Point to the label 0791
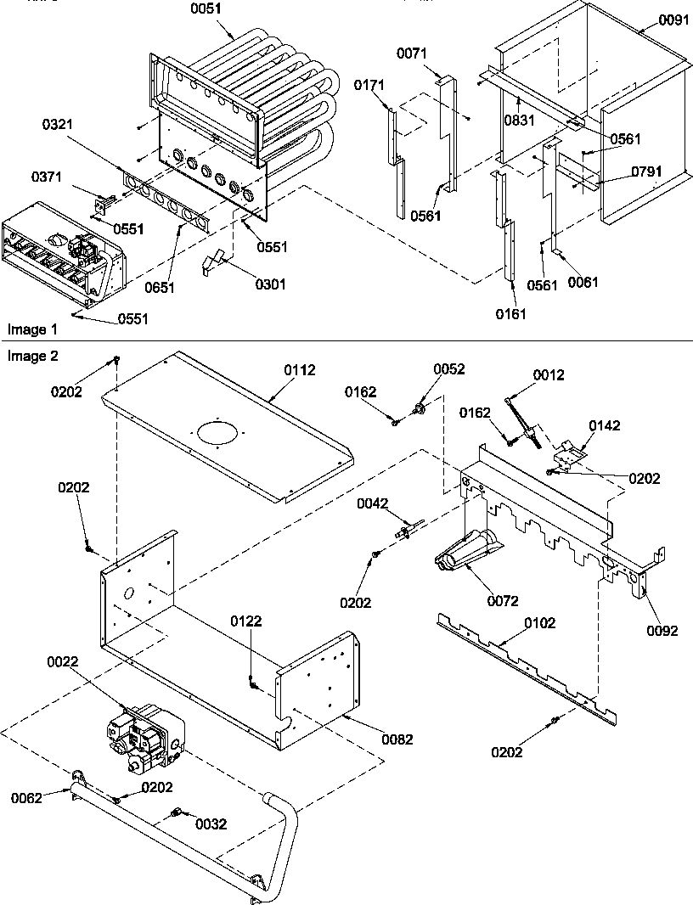click(x=646, y=171)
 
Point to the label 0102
click(x=539, y=623)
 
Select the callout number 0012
click(x=549, y=374)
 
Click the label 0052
click(x=449, y=369)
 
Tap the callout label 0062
click(x=27, y=797)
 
